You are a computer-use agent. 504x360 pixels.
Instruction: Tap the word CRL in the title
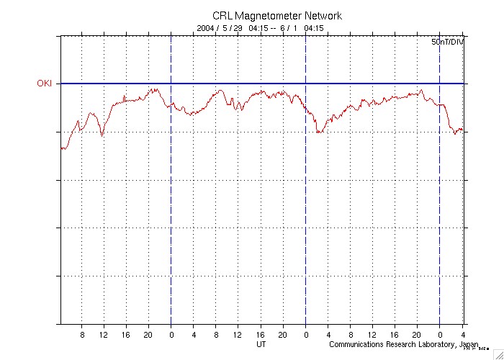(x=222, y=15)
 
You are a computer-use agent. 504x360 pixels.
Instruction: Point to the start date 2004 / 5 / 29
(x=220, y=28)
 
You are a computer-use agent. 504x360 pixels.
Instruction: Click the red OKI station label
(x=45, y=84)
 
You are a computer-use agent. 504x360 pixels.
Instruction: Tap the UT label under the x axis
(x=262, y=344)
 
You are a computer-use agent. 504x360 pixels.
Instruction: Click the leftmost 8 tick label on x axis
(x=82, y=335)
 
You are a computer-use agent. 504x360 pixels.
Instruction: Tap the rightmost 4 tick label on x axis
(x=463, y=335)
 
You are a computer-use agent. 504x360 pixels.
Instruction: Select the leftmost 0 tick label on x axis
(x=171, y=335)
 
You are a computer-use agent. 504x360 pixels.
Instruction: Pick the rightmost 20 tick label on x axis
(x=417, y=335)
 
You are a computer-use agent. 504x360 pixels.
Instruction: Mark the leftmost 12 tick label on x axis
(x=104, y=335)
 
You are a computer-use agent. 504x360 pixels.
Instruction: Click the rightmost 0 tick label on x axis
(x=440, y=335)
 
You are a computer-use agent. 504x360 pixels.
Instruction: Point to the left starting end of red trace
(x=61, y=148)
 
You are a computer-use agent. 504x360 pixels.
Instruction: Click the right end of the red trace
(x=462, y=130)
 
